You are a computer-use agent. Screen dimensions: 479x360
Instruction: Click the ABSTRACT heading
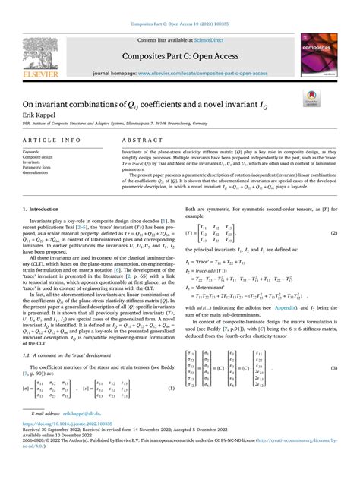pos(140,141)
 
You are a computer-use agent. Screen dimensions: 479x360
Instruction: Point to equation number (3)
pos(334,368)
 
